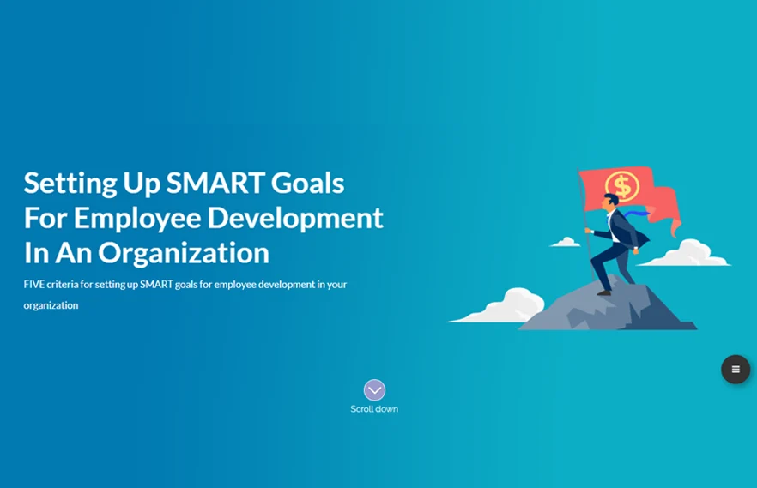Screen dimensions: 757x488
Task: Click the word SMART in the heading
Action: [215, 183]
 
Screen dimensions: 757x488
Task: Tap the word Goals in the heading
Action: [307, 183]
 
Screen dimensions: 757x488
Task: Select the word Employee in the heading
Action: [137, 219]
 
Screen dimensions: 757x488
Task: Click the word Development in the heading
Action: [295, 219]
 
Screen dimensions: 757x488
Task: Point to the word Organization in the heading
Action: [184, 254]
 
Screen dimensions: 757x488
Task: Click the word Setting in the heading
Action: [70, 184]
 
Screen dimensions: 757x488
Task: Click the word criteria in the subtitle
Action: [63, 285]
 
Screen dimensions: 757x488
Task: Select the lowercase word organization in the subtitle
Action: [51, 305]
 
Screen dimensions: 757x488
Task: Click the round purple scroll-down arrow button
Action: [374, 390]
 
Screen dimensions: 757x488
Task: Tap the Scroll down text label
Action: [374, 409]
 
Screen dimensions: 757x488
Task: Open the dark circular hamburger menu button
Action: [736, 370]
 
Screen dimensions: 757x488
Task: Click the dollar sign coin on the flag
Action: [622, 186]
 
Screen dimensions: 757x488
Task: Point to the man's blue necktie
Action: [636, 214]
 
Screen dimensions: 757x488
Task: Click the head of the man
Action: [610, 201]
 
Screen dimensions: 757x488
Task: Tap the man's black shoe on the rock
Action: [604, 292]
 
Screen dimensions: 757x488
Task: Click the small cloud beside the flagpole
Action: [566, 242]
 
